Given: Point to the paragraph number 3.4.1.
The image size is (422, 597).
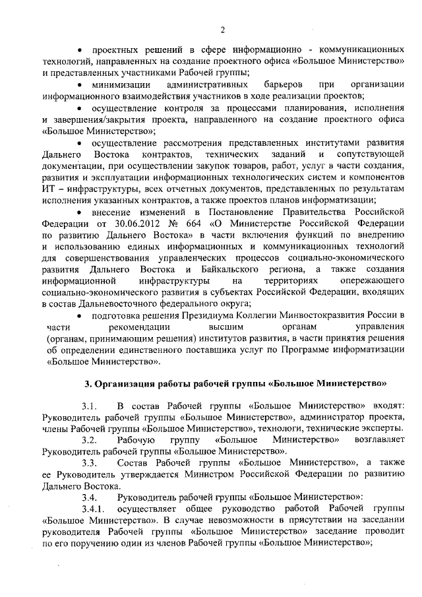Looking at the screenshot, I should tap(94, 508).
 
